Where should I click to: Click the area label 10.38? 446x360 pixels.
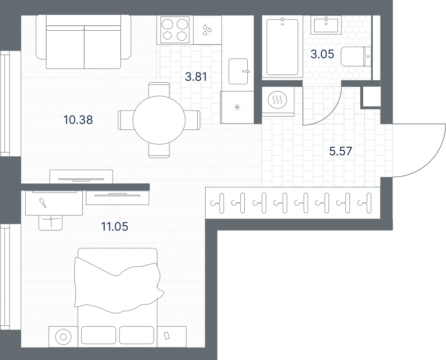pos(78,120)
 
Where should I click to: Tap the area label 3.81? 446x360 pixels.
pos(196,77)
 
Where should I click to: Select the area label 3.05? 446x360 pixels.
pos(322,54)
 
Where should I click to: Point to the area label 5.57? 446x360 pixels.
pos(340,151)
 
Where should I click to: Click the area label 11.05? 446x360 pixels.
pos(114,227)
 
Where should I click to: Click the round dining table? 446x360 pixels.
pos(159,120)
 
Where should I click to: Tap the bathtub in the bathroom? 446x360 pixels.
pos(282,47)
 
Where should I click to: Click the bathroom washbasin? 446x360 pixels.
pos(326,25)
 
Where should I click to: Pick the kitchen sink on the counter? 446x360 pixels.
pos(238,71)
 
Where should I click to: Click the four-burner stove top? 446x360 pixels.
pos(174,30)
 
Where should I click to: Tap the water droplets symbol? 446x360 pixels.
pos(207,30)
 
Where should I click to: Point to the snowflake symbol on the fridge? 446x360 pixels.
pos(237,107)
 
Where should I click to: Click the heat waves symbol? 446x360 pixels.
pos(278,100)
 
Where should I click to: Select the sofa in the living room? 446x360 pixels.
pos(84,42)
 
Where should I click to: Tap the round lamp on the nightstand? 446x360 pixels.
pos(63,337)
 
